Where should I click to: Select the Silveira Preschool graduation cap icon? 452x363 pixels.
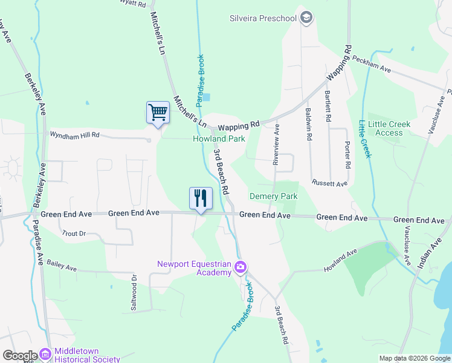point(306,18)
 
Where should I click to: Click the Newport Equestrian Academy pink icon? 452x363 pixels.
point(241,267)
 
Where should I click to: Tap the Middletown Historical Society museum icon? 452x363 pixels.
point(45,354)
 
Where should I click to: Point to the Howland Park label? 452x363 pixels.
point(219,139)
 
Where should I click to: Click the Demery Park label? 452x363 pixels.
point(274,197)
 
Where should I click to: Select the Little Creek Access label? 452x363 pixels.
point(389,128)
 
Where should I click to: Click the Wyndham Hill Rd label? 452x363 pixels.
point(74,135)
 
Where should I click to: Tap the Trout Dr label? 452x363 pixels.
point(74,233)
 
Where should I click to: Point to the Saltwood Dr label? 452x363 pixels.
point(134,292)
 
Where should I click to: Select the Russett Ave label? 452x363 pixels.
point(329,183)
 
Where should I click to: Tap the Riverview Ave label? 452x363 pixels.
point(276,145)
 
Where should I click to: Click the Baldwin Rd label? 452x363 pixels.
point(308,125)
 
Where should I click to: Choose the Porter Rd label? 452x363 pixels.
point(347,155)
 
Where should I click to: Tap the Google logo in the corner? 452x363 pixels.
point(20,356)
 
